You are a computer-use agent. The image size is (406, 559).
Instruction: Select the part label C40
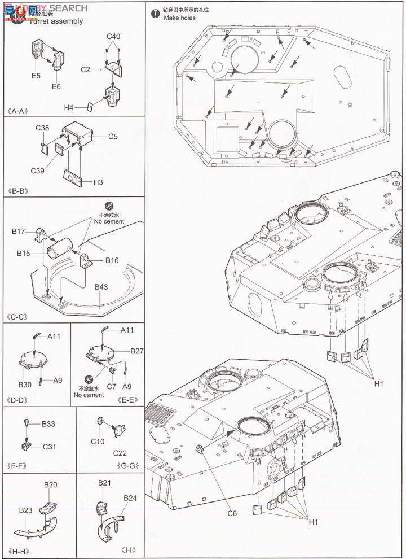coord(114,37)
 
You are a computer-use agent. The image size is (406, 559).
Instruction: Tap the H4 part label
coord(69,107)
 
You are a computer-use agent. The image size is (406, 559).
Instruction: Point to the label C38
coord(42,129)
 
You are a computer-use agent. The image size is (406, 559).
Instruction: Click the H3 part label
coord(98,182)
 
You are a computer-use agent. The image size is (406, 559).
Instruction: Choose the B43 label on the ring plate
coord(101,287)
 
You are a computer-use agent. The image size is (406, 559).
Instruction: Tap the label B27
coord(137,351)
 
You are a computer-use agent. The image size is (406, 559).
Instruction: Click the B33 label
coord(48,423)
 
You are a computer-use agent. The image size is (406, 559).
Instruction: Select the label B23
coord(25,510)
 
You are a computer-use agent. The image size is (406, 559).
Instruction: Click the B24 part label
coord(130,497)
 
